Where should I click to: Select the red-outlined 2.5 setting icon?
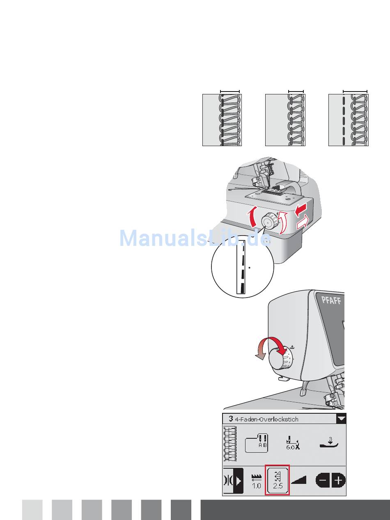click(x=278, y=480)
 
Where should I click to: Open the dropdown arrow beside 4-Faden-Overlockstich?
click(x=341, y=419)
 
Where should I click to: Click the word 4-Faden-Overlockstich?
click(x=266, y=419)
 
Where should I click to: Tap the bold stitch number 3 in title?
click(x=231, y=419)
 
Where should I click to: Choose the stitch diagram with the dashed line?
click(x=348, y=119)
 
